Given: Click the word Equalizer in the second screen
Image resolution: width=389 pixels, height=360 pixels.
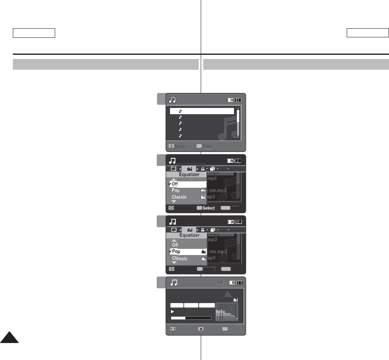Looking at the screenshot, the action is click(189, 175).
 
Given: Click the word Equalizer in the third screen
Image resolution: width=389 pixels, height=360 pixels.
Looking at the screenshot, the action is click(189, 235).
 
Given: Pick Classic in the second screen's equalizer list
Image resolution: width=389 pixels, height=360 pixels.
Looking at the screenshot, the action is click(179, 197).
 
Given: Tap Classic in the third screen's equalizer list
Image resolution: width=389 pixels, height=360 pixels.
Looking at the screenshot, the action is click(180, 258).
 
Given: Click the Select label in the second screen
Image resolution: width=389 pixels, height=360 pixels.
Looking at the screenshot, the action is click(209, 208).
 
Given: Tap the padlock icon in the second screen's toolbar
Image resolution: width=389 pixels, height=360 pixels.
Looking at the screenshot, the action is click(202, 169).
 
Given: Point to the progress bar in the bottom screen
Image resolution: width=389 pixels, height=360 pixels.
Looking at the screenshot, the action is click(191, 318).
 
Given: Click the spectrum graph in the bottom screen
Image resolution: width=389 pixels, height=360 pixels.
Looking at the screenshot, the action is click(227, 312).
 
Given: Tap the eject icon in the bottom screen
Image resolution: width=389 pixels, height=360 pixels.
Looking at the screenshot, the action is click(201, 328).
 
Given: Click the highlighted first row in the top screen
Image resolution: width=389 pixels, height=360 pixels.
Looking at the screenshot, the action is click(202, 111).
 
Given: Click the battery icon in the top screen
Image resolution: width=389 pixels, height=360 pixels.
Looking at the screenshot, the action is click(234, 100).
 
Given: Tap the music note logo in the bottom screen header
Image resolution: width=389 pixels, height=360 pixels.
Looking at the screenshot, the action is click(174, 283).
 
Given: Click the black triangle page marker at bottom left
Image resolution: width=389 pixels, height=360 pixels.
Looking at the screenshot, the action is click(9, 338).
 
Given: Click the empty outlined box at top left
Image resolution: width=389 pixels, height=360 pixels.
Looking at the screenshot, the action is click(34, 33).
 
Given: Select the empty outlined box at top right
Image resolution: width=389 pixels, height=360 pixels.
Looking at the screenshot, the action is click(367, 33).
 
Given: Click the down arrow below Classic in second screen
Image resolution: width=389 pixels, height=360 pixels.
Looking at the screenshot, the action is click(174, 201).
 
